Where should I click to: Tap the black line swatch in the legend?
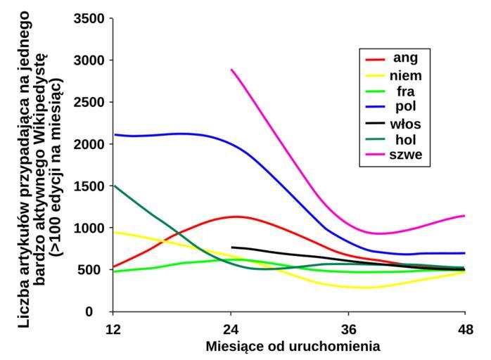(x=374, y=124)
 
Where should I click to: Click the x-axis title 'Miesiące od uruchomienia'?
(x=293, y=346)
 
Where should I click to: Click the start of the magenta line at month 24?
(x=231, y=69)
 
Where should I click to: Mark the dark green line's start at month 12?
(x=113, y=186)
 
